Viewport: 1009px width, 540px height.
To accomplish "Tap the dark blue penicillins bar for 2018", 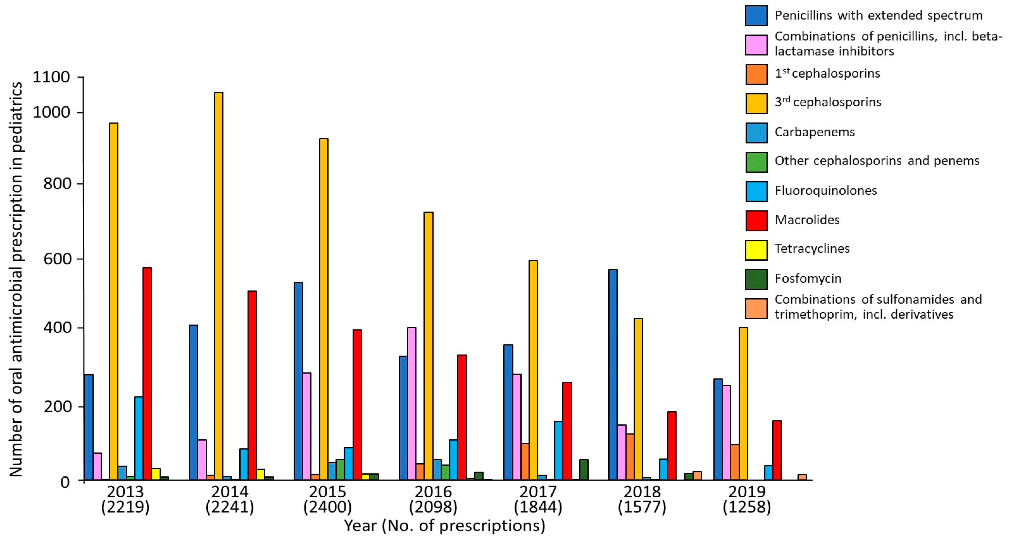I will coord(613,375).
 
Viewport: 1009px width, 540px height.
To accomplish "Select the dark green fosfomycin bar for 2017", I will coord(584,469).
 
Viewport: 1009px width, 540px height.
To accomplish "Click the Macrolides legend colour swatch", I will coord(756,220).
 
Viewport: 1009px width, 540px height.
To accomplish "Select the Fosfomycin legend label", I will coord(808,278).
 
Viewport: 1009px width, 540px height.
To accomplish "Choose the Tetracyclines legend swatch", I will coord(756,250).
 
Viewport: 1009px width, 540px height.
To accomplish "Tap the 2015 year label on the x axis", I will coord(328,491).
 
